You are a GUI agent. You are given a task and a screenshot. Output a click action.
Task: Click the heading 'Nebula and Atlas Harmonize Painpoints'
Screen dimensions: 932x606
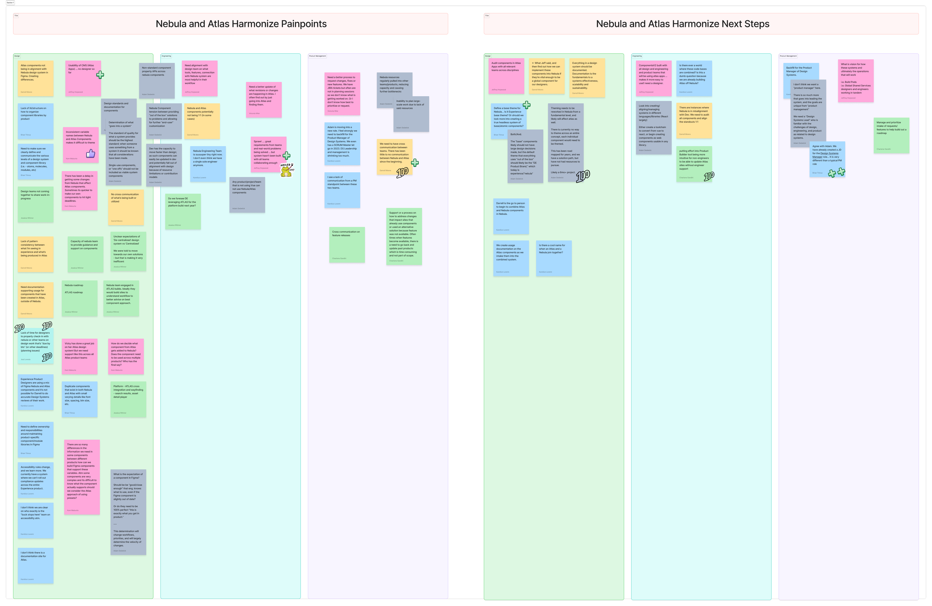(x=241, y=24)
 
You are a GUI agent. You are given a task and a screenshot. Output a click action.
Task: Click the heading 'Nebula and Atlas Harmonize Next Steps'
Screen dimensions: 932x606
(x=682, y=24)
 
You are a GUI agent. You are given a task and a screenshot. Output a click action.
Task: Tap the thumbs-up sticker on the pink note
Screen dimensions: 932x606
(x=91, y=154)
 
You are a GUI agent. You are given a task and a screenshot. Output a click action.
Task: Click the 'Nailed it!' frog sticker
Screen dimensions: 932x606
(x=286, y=170)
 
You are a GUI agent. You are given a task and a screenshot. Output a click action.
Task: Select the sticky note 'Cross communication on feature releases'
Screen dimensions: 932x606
(x=347, y=244)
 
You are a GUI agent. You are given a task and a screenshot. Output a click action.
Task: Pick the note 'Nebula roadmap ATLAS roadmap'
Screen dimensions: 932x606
(x=79, y=298)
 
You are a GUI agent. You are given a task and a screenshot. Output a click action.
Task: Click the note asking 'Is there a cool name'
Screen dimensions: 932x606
(x=553, y=258)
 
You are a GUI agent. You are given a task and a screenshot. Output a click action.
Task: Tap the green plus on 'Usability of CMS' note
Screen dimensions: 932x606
(x=100, y=75)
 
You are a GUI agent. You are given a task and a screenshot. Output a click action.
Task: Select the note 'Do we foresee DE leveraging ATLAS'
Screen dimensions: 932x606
(x=183, y=211)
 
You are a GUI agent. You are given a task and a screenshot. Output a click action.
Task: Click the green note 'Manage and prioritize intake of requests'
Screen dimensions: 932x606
(x=891, y=135)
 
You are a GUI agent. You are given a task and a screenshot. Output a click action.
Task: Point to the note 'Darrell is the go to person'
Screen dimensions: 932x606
(x=511, y=216)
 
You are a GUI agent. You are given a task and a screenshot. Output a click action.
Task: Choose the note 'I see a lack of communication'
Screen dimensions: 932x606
(x=342, y=190)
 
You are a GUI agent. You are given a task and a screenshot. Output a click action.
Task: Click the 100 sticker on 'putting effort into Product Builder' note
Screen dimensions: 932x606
(x=709, y=176)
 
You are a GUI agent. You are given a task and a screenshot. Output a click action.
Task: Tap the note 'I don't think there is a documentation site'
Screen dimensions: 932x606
(x=35, y=566)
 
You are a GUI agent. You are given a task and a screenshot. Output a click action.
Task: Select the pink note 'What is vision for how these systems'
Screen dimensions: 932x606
(x=856, y=81)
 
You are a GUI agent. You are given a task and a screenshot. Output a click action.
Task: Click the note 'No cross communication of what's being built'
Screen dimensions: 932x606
(x=126, y=208)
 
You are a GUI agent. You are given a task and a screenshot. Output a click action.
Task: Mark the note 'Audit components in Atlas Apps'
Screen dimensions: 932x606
(x=506, y=76)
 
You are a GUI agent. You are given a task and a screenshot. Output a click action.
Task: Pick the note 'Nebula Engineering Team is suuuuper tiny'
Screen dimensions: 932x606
(x=208, y=164)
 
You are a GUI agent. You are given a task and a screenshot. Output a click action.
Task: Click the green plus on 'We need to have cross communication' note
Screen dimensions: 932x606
(x=415, y=163)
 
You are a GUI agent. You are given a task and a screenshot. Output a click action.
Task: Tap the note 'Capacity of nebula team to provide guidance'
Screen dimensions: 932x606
(x=85, y=255)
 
